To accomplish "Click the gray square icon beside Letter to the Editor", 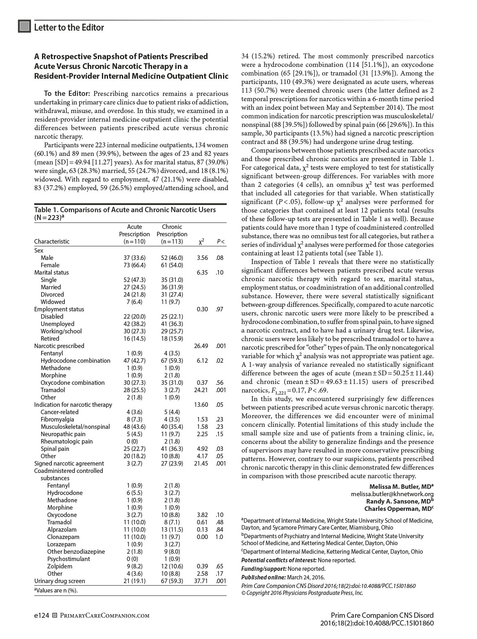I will pyautogui.click(x=24, y=27).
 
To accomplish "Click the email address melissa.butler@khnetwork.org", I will pyautogui.click(x=392, y=494).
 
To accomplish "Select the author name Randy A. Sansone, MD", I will pyautogui.click(x=400, y=501).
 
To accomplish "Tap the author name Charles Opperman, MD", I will pyautogui.click(x=399, y=509).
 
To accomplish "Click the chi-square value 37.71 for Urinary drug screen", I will pyautogui.click(x=202, y=581).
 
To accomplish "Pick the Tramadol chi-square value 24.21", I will pyautogui.click(x=202, y=390).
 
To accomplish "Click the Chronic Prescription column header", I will pyautogui.click(x=172, y=234).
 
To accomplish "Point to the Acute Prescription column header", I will pyautogui.click(x=135, y=234).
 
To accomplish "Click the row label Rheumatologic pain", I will pyautogui.click(x=66, y=442).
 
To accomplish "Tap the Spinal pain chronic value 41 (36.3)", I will pyautogui.click(x=172, y=449).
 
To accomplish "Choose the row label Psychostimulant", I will pyautogui.click(x=68, y=559).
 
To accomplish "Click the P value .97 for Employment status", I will pyautogui.click(x=220, y=309).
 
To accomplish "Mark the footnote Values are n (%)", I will pyautogui.click(x=56, y=590).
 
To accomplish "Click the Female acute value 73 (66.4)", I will pyautogui.click(x=135, y=265).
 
